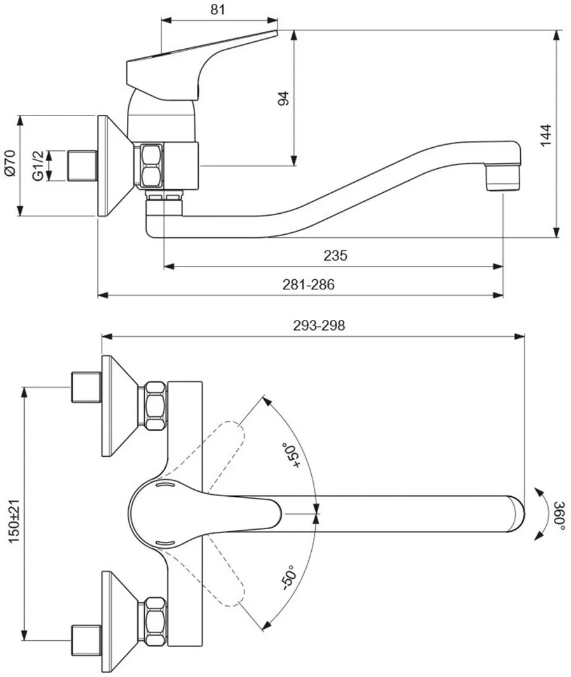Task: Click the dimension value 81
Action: click(218, 9)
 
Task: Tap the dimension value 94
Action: click(283, 98)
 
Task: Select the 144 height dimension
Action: click(546, 135)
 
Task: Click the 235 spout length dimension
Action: click(335, 255)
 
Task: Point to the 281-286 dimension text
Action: click(309, 284)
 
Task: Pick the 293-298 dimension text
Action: click(319, 325)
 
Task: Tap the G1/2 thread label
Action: click(37, 166)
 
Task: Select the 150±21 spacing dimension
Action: click(14, 521)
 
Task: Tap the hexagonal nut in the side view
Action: click(149, 166)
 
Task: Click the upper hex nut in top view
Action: click(155, 405)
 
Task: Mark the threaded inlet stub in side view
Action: click(83, 166)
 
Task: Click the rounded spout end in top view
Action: click(516, 514)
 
